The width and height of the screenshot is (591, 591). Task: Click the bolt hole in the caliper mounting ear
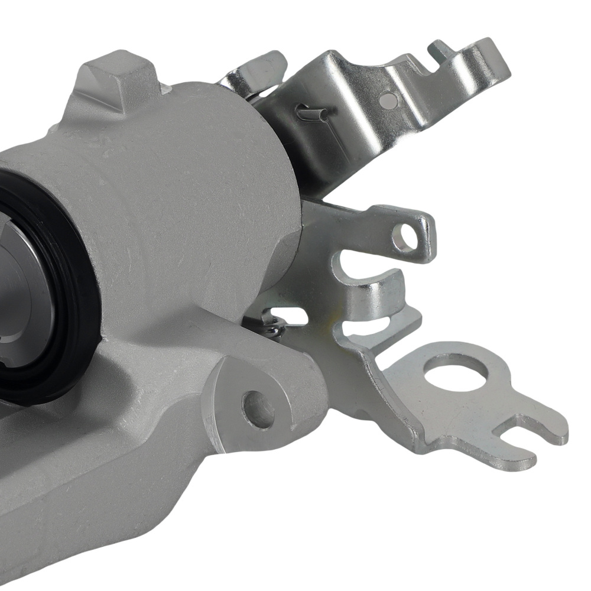258,410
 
